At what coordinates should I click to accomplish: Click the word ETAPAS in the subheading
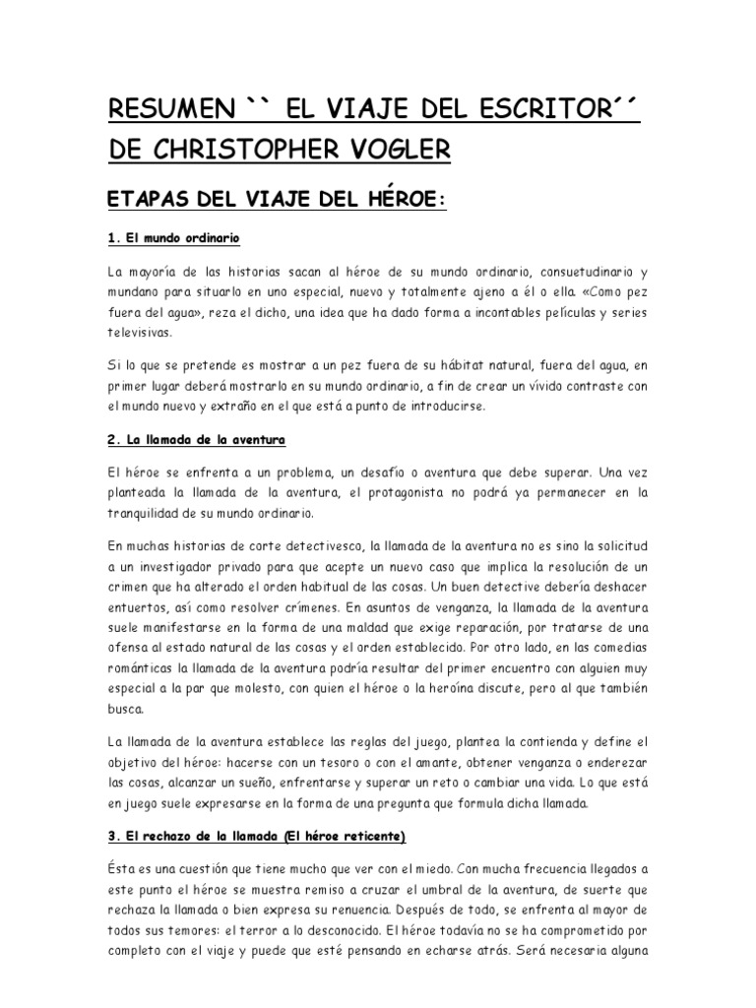[x=145, y=200]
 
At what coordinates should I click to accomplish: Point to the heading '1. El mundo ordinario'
[x=173, y=238]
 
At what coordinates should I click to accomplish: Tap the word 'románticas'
[x=143, y=672]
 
